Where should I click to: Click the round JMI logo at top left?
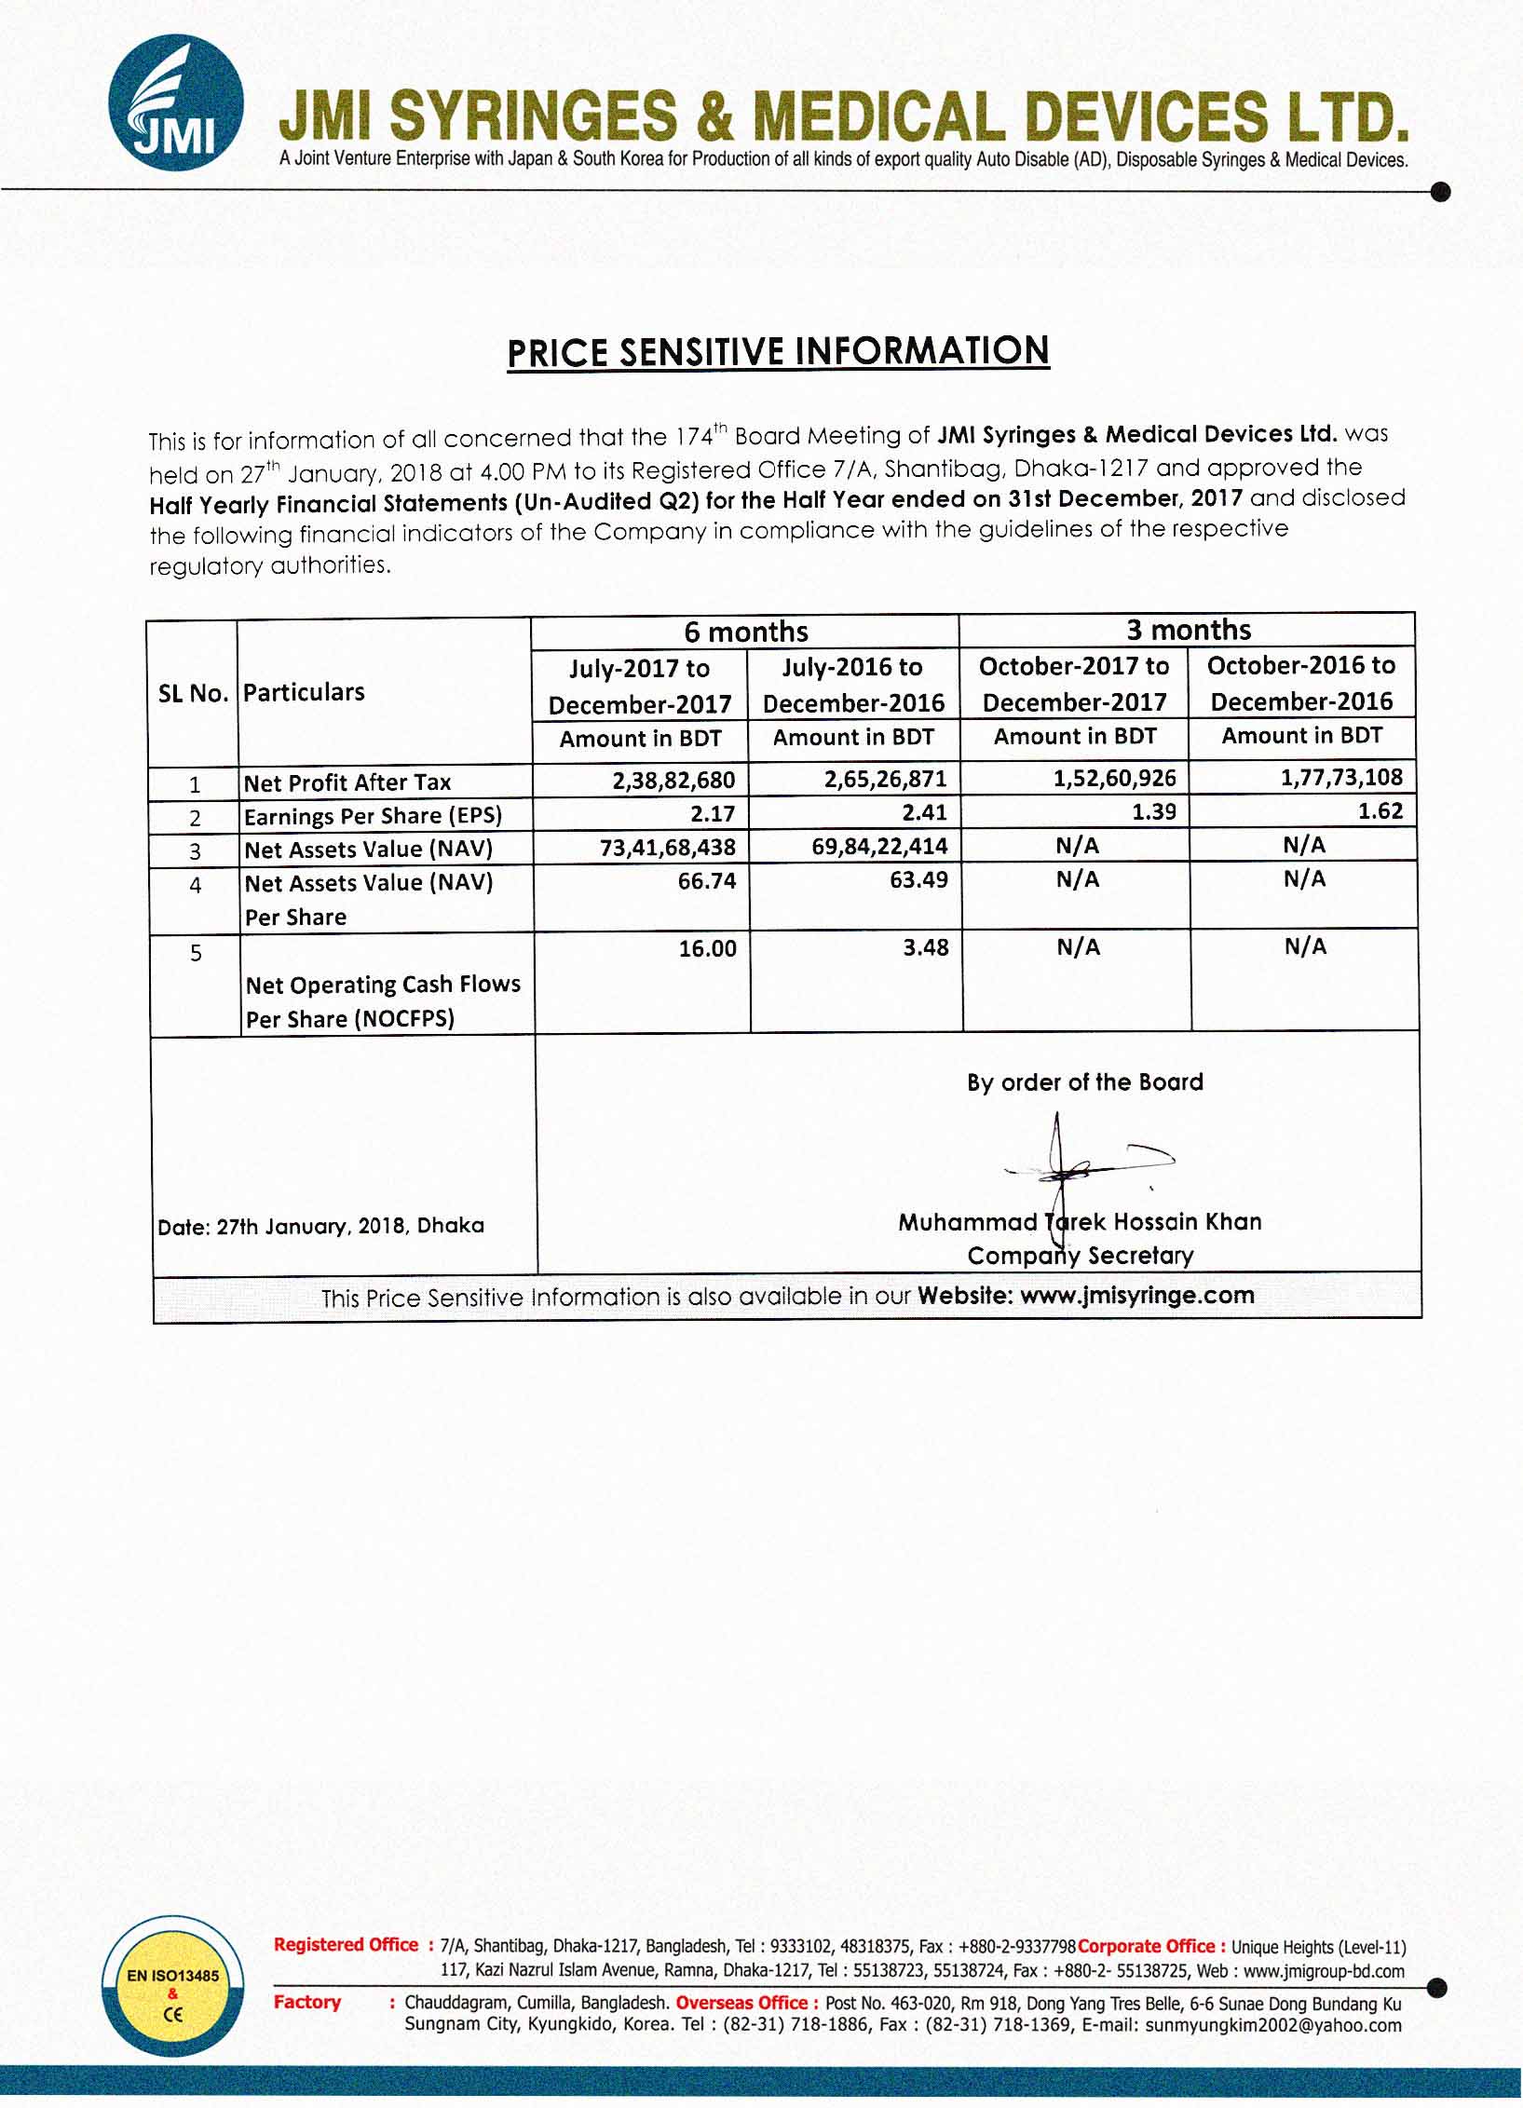coord(176,102)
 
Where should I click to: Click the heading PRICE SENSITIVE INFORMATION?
coord(778,352)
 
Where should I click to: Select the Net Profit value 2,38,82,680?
coord(673,780)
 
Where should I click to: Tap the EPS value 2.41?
coord(924,813)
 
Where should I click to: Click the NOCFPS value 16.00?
coord(707,948)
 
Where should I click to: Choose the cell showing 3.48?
coord(925,947)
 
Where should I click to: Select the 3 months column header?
coord(1188,630)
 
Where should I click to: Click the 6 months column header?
coord(745,632)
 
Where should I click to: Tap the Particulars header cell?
coord(304,692)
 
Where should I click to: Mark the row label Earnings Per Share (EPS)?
coord(373,817)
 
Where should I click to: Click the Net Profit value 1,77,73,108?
coord(1341,777)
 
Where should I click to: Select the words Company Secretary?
coord(1080,1256)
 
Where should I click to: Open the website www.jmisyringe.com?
coord(1136,1296)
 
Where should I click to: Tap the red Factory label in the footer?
coord(307,2002)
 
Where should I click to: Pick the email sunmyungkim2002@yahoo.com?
coord(1272,2025)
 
